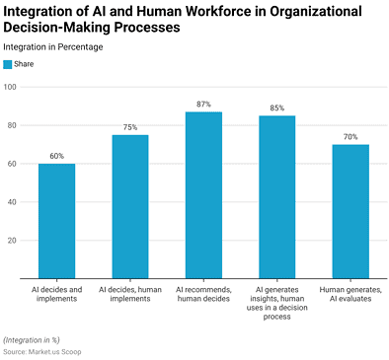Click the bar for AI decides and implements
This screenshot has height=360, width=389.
[x=56, y=221]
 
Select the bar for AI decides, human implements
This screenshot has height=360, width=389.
[x=129, y=206]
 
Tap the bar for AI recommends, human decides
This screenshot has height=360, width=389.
[x=203, y=195]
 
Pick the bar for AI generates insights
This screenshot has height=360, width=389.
[x=276, y=197]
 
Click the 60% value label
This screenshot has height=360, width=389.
[x=56, y=156]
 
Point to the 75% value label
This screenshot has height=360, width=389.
[x=129, y=127]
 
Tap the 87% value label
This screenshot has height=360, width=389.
[x=203, y=105]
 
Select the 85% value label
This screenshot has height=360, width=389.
[x=276, y=108]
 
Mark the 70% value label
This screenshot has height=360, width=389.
[x=350, y=137]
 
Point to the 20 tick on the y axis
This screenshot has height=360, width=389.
[x=12, y=241]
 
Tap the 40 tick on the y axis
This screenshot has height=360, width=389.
[x=12, y=202]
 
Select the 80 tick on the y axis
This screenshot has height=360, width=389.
[x=12, y=125]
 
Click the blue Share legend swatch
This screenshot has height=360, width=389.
[x=8, y=64]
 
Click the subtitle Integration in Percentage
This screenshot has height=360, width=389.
[x=52, y=46]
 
